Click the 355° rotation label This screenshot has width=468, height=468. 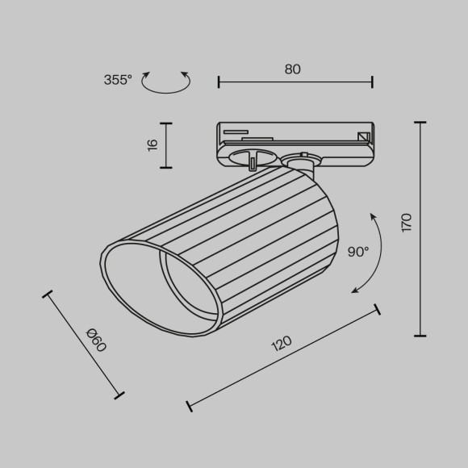(118, 80)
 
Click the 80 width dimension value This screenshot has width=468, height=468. (293, 69)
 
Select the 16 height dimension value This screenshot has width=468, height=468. (153, 145)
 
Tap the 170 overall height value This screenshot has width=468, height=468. (407, 223)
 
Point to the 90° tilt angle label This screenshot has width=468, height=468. (357, 252)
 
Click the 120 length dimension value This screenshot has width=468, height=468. (281, 345)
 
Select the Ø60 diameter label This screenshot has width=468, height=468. (95, 340)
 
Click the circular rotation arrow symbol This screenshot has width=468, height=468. (165, 81)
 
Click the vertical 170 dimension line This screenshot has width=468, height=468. (420, 228)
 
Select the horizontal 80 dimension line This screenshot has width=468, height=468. (295, 81)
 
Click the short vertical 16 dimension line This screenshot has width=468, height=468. (165, 145)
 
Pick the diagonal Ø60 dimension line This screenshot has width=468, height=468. (84, 345)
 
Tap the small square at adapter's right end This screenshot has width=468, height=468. (363, 138)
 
